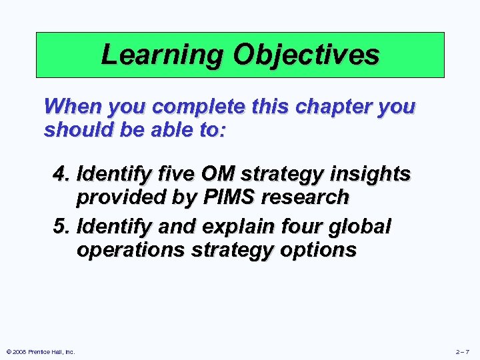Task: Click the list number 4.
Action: [61, 175]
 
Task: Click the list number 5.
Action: [61, 227]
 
